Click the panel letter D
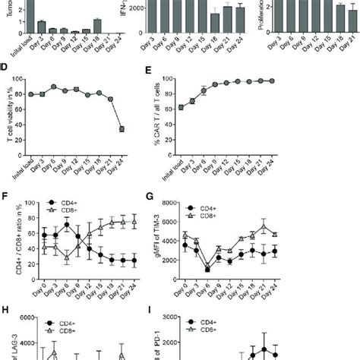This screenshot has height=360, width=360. tap(5, 77)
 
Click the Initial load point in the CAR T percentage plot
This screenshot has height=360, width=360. tap(201, 107)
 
